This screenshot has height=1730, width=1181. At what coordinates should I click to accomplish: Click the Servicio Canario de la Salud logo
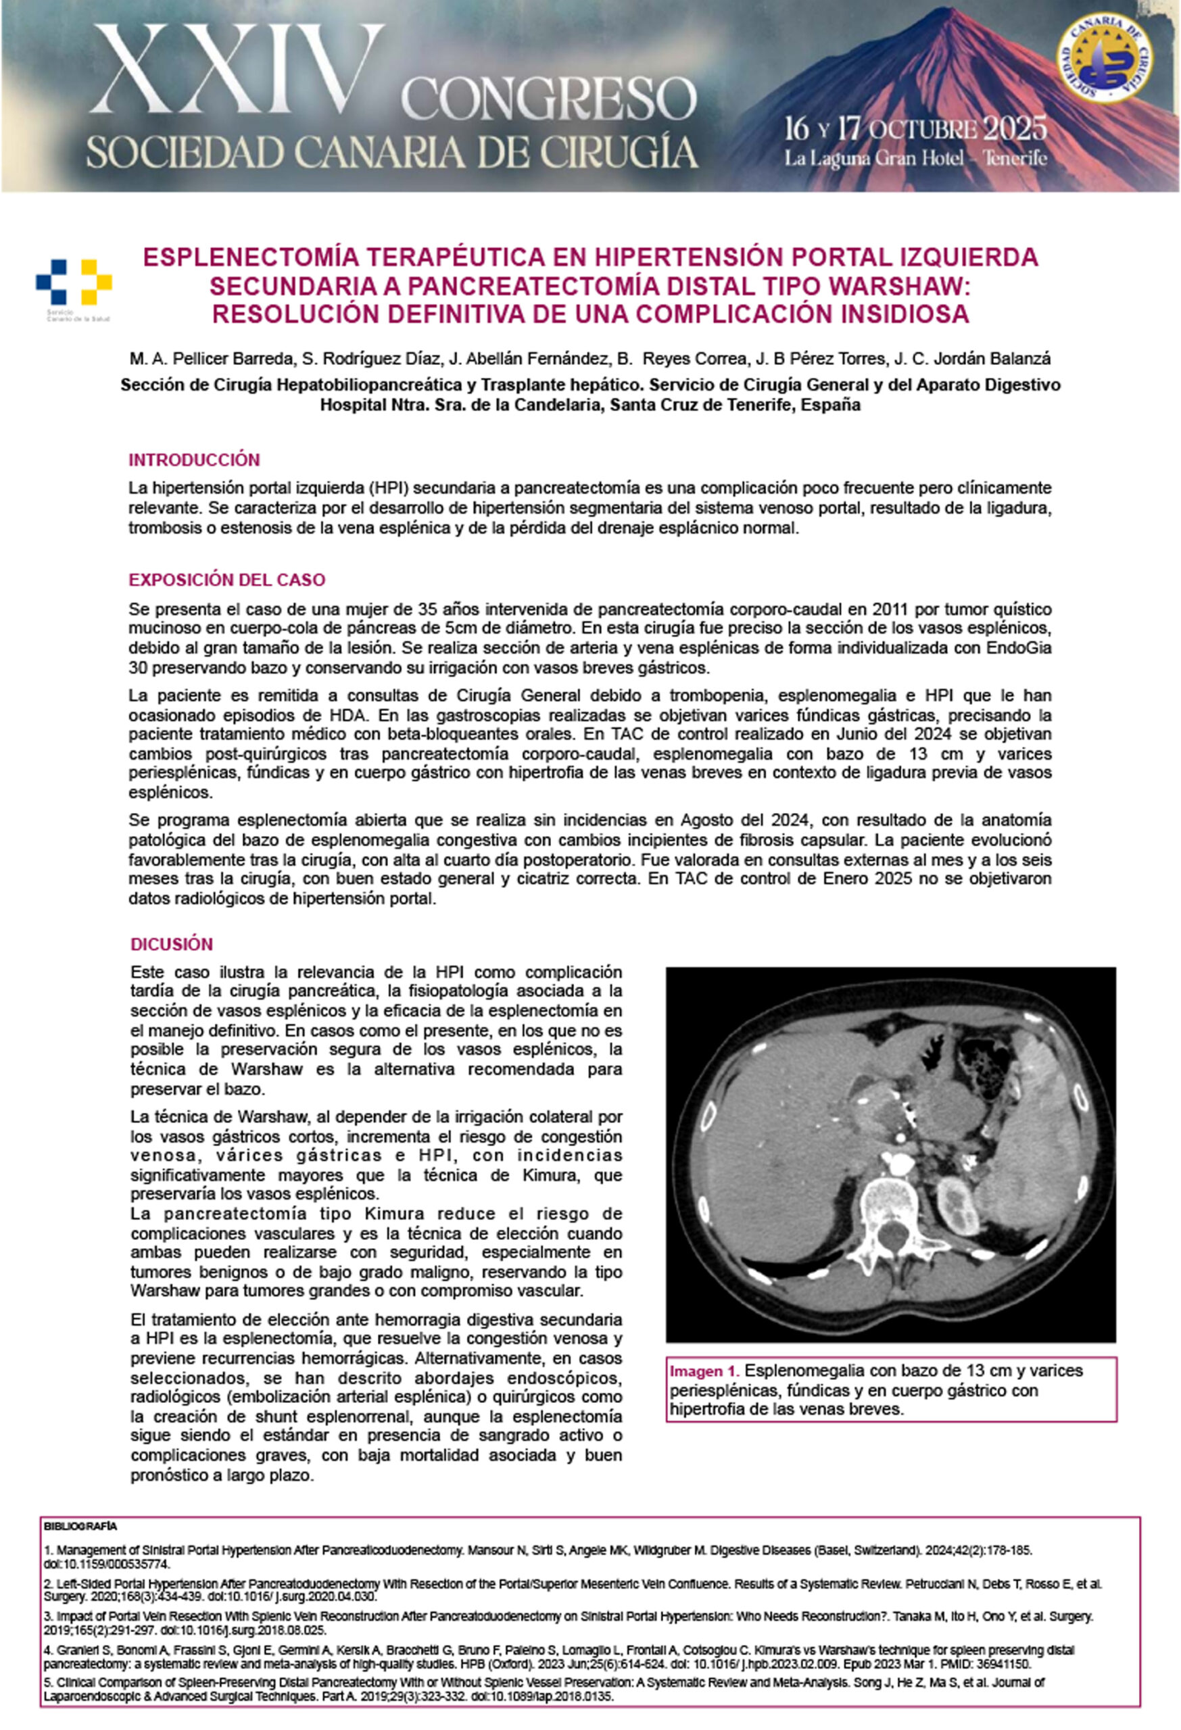coord(74,287)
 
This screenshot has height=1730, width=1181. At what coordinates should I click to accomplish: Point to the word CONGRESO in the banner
coord(549,100)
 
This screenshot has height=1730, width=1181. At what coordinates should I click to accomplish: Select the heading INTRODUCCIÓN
coord(193,460)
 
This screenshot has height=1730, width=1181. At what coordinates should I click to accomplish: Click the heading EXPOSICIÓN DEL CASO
coord(226,580)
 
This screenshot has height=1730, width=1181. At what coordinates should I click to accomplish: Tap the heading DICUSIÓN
coord(171,944)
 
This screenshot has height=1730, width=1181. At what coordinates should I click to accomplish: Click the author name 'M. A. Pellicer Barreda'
coord(212,359)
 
